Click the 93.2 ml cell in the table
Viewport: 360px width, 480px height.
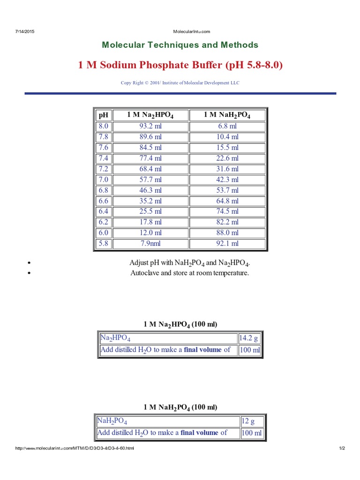point(150,126)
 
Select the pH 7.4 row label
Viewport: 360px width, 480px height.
point(103,158)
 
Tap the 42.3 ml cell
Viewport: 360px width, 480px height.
point(227,180)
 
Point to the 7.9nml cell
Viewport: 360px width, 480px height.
point(150,243)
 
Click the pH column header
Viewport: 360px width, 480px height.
point(103,115)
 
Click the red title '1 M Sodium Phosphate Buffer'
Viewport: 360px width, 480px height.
point(180,65)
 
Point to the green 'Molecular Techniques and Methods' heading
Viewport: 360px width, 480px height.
point(180,45)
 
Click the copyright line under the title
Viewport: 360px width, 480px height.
point(180,83)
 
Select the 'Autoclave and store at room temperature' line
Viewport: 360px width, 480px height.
point(189,273)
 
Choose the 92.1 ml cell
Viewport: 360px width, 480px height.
point(227,243)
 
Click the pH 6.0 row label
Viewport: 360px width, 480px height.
point(103,232)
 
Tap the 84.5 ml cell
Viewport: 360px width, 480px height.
point(150,148)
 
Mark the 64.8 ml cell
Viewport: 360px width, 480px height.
point(227,201)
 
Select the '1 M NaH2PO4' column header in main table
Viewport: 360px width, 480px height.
point(227,115)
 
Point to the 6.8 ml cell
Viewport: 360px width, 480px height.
point(227,126)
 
